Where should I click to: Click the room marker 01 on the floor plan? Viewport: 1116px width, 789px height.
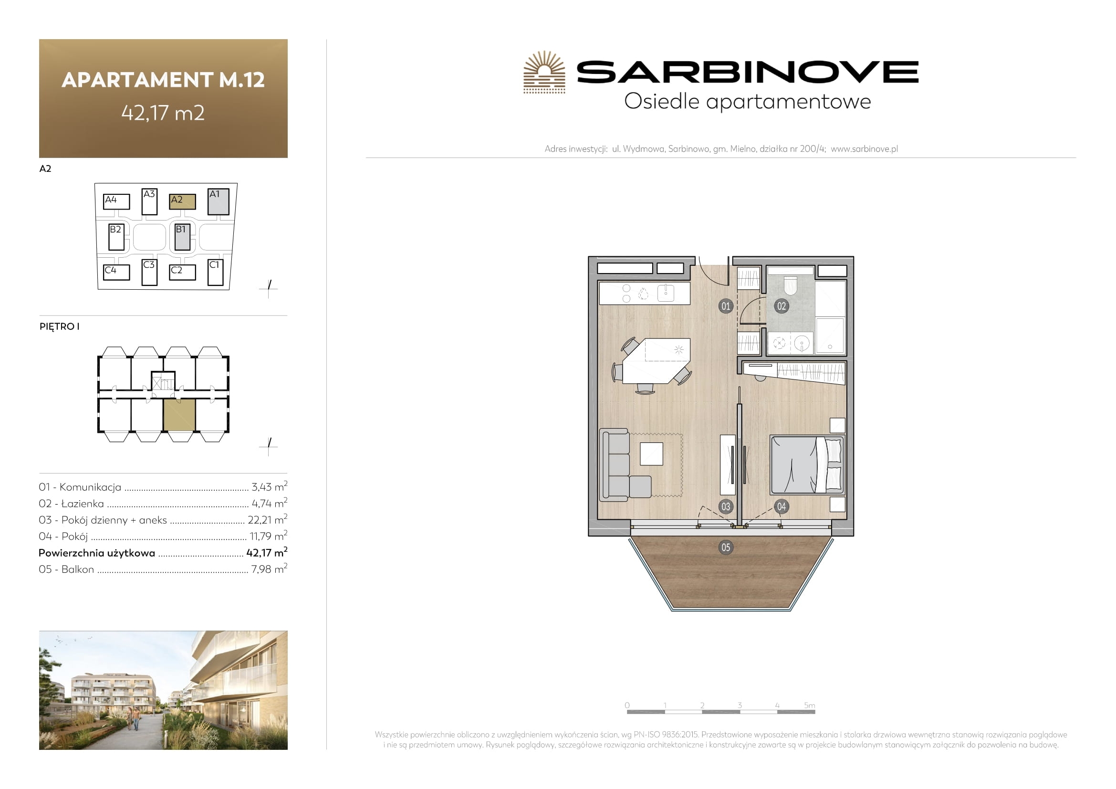click(725, 306)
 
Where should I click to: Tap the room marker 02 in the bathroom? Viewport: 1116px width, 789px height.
click(781, 306)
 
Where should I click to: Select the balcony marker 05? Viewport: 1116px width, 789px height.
click(725, 547)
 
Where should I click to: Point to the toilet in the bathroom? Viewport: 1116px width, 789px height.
click(790, 285)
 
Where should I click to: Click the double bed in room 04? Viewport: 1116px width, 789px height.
click(807, 465)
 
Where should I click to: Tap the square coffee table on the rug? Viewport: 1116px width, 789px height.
click(651, 454)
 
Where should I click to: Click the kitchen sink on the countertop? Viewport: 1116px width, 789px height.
click(666, 293)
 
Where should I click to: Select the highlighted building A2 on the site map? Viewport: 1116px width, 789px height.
click(182, 201)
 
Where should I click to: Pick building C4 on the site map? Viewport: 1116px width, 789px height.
click(116, 272)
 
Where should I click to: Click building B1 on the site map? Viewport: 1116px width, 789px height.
click(182, 237)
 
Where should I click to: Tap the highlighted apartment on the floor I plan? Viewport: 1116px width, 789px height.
click(179, 415)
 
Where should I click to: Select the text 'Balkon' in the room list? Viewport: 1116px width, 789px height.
click(78, 569)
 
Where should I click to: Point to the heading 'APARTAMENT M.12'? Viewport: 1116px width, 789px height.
click(163, 80)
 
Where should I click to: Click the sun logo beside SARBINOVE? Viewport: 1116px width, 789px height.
click(544, 72)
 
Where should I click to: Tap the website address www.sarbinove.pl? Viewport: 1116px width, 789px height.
click(864, 149)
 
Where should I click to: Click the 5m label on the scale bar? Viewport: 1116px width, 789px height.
click(809, 705)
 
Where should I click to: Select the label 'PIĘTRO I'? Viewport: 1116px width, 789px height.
click(59, 326)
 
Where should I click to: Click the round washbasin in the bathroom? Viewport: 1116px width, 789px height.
click(802, 343)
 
